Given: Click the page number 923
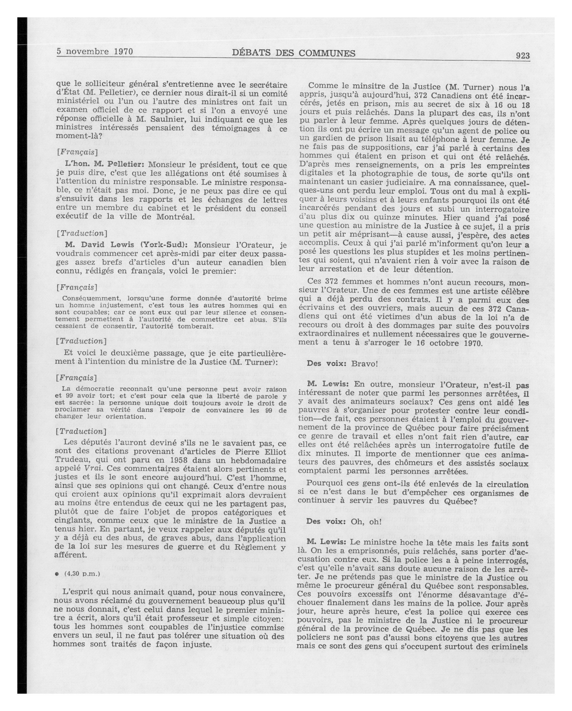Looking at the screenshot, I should click(x=522, y=56).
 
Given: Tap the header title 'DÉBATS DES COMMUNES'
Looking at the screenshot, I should click(x=294, y=53).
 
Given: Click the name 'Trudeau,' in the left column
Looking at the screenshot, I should click(x=72, y=460).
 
